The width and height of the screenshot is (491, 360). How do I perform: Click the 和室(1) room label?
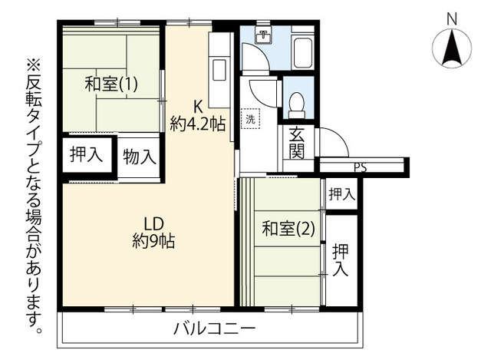pyautogui.click(x=111, y=84)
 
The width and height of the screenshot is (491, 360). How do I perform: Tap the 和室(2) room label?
pyautogui.click(x=288, y=228)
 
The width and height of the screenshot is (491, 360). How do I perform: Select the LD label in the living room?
pyautogui.click(x=153, y=224)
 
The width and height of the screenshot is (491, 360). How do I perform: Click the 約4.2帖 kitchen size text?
pyautogui.click(x=198, y=124)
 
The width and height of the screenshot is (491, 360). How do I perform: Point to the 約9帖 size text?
pyautogui.click(x=153, y=240)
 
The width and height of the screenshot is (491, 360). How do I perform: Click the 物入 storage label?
pyautogui.click(x=140, y=157)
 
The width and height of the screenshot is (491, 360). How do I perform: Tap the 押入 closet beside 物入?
pyautogui.click(x=86, y=154)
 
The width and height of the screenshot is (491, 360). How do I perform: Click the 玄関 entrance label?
pyautogui.click(x=297, y=143)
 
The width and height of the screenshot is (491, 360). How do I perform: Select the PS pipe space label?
pyautogui.click(x=361, y=168)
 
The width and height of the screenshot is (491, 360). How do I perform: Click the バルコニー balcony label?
pyautogui.click(x=215, y=329)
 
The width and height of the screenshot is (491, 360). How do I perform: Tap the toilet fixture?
pyautogui.click(x=296, y=104)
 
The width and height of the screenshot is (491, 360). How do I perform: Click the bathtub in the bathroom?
pyautogui.click(x=303, y=52)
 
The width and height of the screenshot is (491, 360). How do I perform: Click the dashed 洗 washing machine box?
pyautogui.click(x=250, y=118)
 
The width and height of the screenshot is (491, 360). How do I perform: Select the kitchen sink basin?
pyautogui.click(x=219, y=70)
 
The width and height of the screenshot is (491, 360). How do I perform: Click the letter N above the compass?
pyautogui.click(x=452, y=18)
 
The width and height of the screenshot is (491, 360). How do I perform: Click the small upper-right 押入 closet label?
pyautogui.click(x=341, y=194)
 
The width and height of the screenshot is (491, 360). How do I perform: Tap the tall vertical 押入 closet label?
pyautogui.click(x=341, y=260)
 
